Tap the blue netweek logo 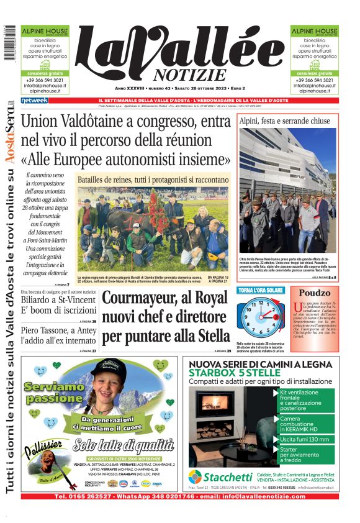[x=34, y=100]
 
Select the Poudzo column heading [x=315, y=293]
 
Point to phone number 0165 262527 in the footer [x=79, y=496]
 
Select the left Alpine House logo [x=40, y=30]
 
